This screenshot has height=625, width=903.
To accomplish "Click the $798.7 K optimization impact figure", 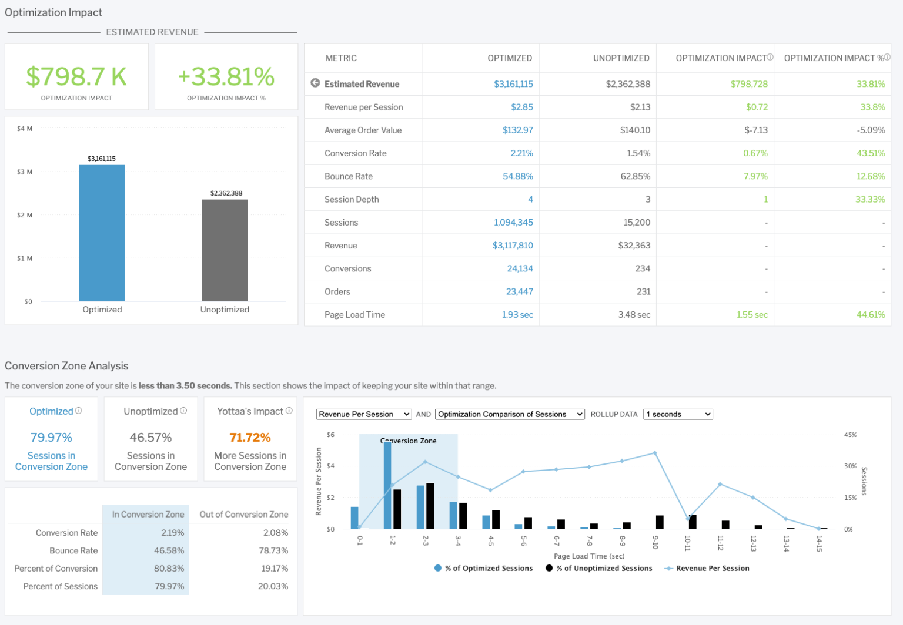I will click(76, 77).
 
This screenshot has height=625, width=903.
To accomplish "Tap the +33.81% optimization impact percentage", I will click(226, 77).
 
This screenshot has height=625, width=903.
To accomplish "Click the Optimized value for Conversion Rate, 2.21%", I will click(521, 153).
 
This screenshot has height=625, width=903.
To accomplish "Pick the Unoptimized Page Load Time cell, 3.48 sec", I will click(634, 315).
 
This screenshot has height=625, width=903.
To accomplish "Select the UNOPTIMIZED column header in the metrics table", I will click(621, 58).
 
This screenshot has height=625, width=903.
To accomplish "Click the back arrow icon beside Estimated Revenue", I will click(315, 83).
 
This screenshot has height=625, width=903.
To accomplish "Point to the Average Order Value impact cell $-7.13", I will click(755, 130).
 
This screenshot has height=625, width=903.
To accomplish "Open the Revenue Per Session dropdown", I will click(364, 414).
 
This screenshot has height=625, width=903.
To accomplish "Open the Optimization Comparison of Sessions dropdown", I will click(510, 414).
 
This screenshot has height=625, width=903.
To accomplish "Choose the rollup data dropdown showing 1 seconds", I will click(678, 414).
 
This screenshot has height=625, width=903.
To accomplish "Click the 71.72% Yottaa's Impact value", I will click(250, 438).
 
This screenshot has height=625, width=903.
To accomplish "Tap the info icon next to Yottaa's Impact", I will click(289, 411).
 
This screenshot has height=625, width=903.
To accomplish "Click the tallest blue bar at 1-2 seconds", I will click(387, 485).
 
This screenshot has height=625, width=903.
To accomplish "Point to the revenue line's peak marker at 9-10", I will click(655, 453).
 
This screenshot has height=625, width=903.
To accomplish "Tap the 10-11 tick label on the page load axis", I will click(687, 543).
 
